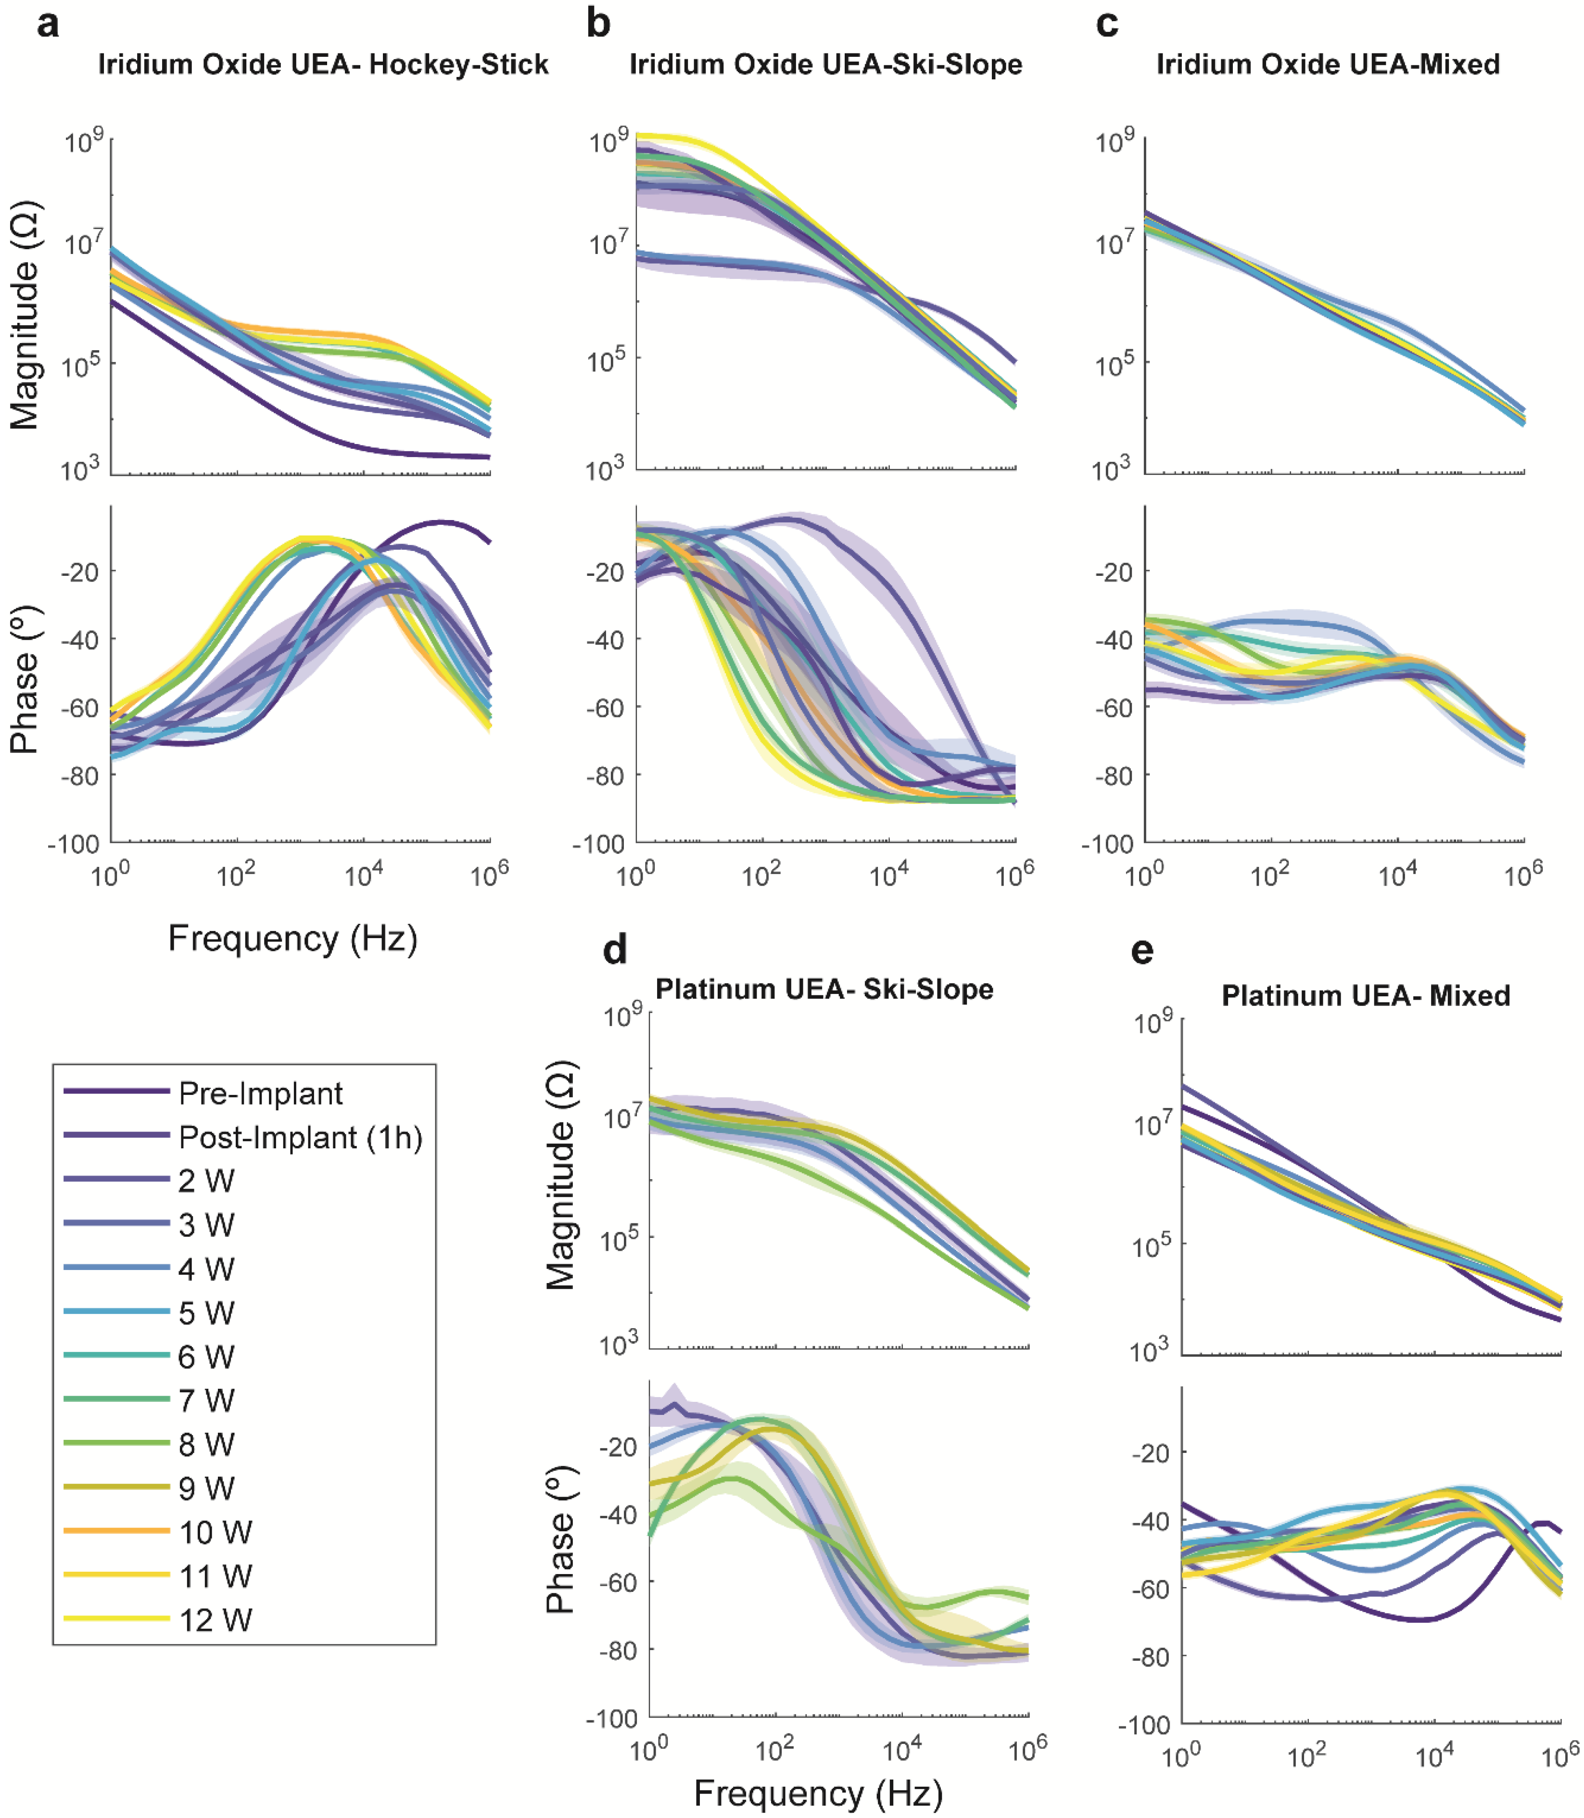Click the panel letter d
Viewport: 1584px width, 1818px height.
click(x=614, y=950)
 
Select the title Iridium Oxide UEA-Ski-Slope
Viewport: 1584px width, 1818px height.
click(x=825, y=64)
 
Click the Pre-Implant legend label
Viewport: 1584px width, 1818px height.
click(x=260, y=1094)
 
